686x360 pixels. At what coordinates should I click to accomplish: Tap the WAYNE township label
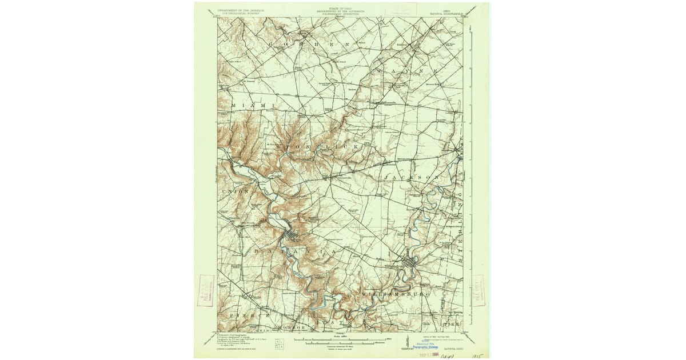(x=407, y=70)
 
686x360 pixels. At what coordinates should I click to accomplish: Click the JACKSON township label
(x=412, y=178)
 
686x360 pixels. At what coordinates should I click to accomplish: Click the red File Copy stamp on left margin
(x=205, y=290)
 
